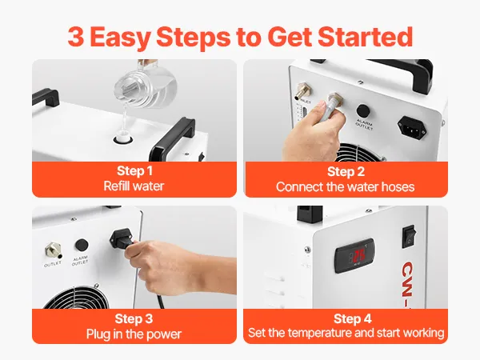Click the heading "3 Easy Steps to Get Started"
click(x=240, y=38)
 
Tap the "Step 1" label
click(x=134, y=171)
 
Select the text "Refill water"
click(x=134, y=186)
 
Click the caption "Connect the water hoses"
click(x=346, y=186)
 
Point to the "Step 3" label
click(x=134, y=318)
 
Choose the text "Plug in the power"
click(x=134, y=334)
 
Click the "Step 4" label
click(x=353, y=318)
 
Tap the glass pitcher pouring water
click(x=144, y=86)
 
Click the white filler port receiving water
click(x=123, y=138)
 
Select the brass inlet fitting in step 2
click(x=303, y=91)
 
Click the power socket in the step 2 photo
click(x=412, y=128)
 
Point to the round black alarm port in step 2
click(x=363, y=110)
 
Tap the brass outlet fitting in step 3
click(x=54, y=250)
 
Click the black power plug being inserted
click(x=122, y=241)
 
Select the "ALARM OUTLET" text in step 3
click(x=80, y=261)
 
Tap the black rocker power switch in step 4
click(x=409, y=236)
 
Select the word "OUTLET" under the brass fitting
click(x=53, y=264)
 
